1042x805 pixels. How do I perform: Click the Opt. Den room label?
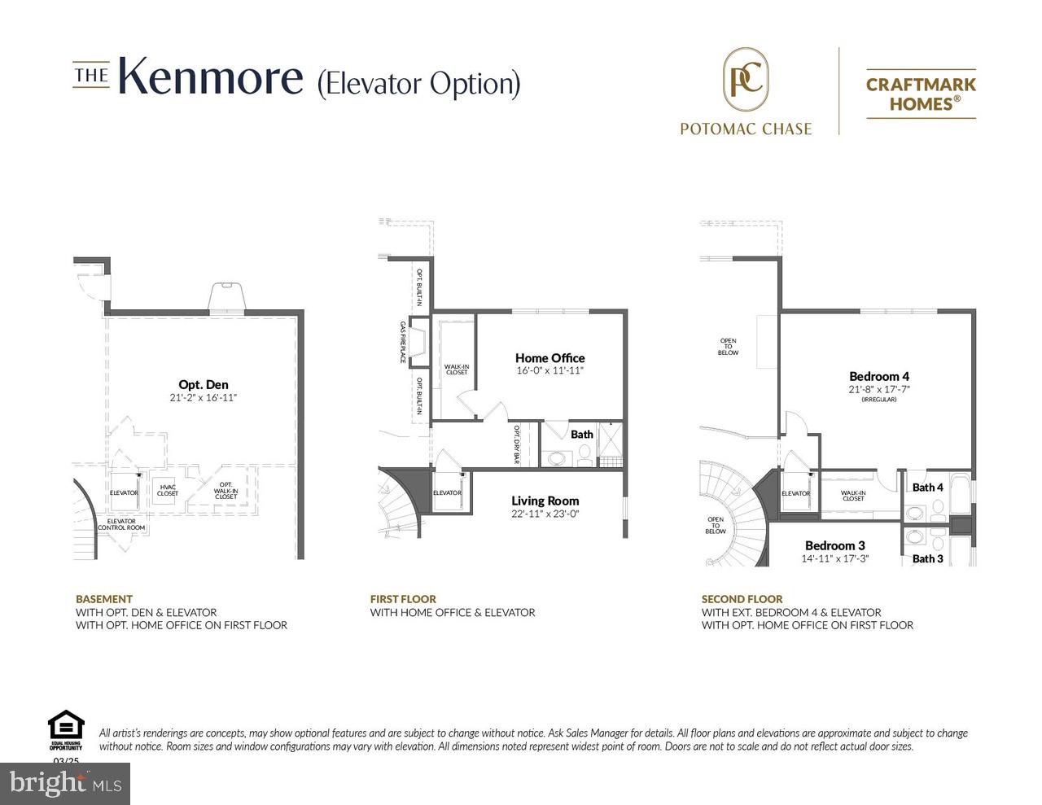click(x=204, y=385)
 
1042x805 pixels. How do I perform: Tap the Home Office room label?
click(x=549, y=358)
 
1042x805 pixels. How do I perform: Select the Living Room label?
click(x=545, y=501)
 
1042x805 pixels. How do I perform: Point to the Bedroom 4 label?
click(x=878, y=376)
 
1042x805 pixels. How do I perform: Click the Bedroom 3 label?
click(x=835, y=545)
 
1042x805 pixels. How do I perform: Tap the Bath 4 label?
click(x=927, y=488)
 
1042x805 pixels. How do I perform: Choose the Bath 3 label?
click(x=927, y=558)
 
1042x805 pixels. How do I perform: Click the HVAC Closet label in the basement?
click(x=168, y=490)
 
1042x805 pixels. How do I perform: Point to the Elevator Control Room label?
click(x=121, y=524)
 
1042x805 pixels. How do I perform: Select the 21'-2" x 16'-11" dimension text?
click(x=204, y=398)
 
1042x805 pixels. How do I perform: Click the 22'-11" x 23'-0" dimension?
click(x=545, y=514)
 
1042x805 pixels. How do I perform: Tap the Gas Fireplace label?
click(x=402, y=342)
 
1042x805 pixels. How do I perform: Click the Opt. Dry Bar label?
click(x=516, y=444)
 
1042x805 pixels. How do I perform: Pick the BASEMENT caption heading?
click(x=104, y=599)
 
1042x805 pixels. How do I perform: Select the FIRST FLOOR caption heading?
click(x=403, y=599)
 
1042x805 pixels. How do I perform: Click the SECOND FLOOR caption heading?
click(x=742, y=599)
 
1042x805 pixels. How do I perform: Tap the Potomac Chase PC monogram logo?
click(x=746, y=80)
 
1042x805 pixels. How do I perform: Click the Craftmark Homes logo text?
click(x=921, y=94)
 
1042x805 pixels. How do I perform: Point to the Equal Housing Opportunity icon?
click(x=66, y=728)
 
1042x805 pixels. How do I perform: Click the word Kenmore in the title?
click(x=211, y=78)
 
